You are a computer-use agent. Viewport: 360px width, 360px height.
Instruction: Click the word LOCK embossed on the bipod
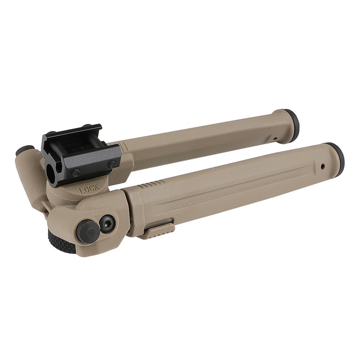pyautogui.click(x=89, y=189)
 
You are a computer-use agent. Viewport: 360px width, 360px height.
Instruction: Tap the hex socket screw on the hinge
pyautogui.click(x=107, y=222)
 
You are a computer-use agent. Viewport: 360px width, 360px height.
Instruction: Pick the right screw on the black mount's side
pyautogui.click(x=112, y=164)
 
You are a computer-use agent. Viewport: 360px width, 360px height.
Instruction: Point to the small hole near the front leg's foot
pyautogui.click(x=323, y=166)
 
